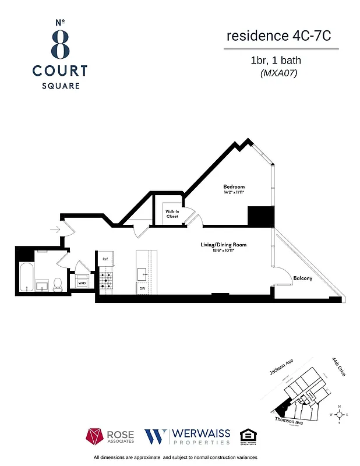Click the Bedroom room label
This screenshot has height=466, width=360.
234,186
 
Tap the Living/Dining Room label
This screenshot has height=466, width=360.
223,245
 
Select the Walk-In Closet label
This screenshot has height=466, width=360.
171,214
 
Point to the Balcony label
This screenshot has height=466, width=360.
302,278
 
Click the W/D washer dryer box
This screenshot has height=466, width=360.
82,283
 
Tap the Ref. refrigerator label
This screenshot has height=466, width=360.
105,259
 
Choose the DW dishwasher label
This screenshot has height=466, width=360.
142,288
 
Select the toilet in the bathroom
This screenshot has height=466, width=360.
57,284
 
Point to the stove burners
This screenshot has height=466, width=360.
106,281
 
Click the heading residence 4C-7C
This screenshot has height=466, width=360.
278,36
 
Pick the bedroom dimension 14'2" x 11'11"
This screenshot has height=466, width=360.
234,192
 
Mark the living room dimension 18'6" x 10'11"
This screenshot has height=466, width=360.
223,250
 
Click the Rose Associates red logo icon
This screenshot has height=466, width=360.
95,436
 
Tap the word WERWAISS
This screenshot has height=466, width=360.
200,433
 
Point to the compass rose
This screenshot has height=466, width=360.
339,415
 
